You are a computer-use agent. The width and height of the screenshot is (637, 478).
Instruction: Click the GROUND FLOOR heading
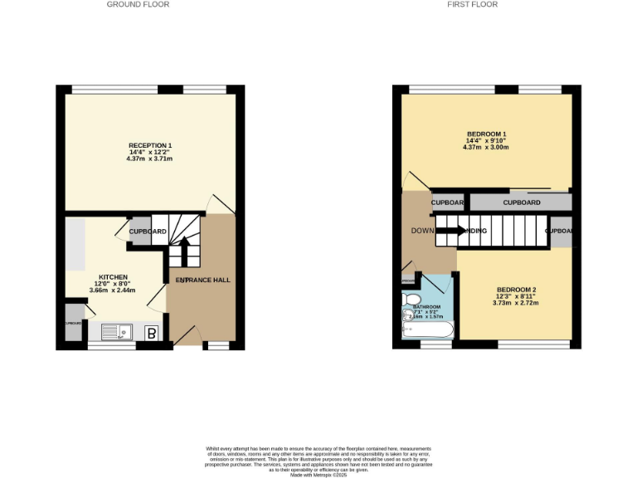click(138, 4)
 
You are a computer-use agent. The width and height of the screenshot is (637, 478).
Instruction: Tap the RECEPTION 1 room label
click(150, 145)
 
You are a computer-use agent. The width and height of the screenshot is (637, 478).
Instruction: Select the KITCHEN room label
click(113, 276)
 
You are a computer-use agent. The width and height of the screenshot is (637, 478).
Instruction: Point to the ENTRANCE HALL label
click(202, 280)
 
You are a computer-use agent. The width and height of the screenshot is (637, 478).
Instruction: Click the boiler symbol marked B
click(152, 334)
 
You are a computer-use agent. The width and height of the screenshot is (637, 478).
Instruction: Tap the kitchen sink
click(114, 333)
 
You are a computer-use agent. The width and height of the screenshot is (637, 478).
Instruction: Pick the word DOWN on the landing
click(422, 231)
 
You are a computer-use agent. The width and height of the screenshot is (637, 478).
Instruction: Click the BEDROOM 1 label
click(486, 134)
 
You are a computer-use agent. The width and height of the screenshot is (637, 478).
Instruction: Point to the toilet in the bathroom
click(412, 300)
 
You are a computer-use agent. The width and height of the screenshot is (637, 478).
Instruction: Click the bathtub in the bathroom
click(427, 332)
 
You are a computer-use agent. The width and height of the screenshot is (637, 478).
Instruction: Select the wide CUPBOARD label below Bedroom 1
click(522, 202)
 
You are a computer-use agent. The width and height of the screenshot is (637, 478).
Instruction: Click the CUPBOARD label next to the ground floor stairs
click(148, 231)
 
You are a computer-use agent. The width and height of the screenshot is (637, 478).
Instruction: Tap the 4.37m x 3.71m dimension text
click(150, 159)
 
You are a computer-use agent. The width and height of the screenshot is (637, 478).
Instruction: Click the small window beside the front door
click(217, 344)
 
